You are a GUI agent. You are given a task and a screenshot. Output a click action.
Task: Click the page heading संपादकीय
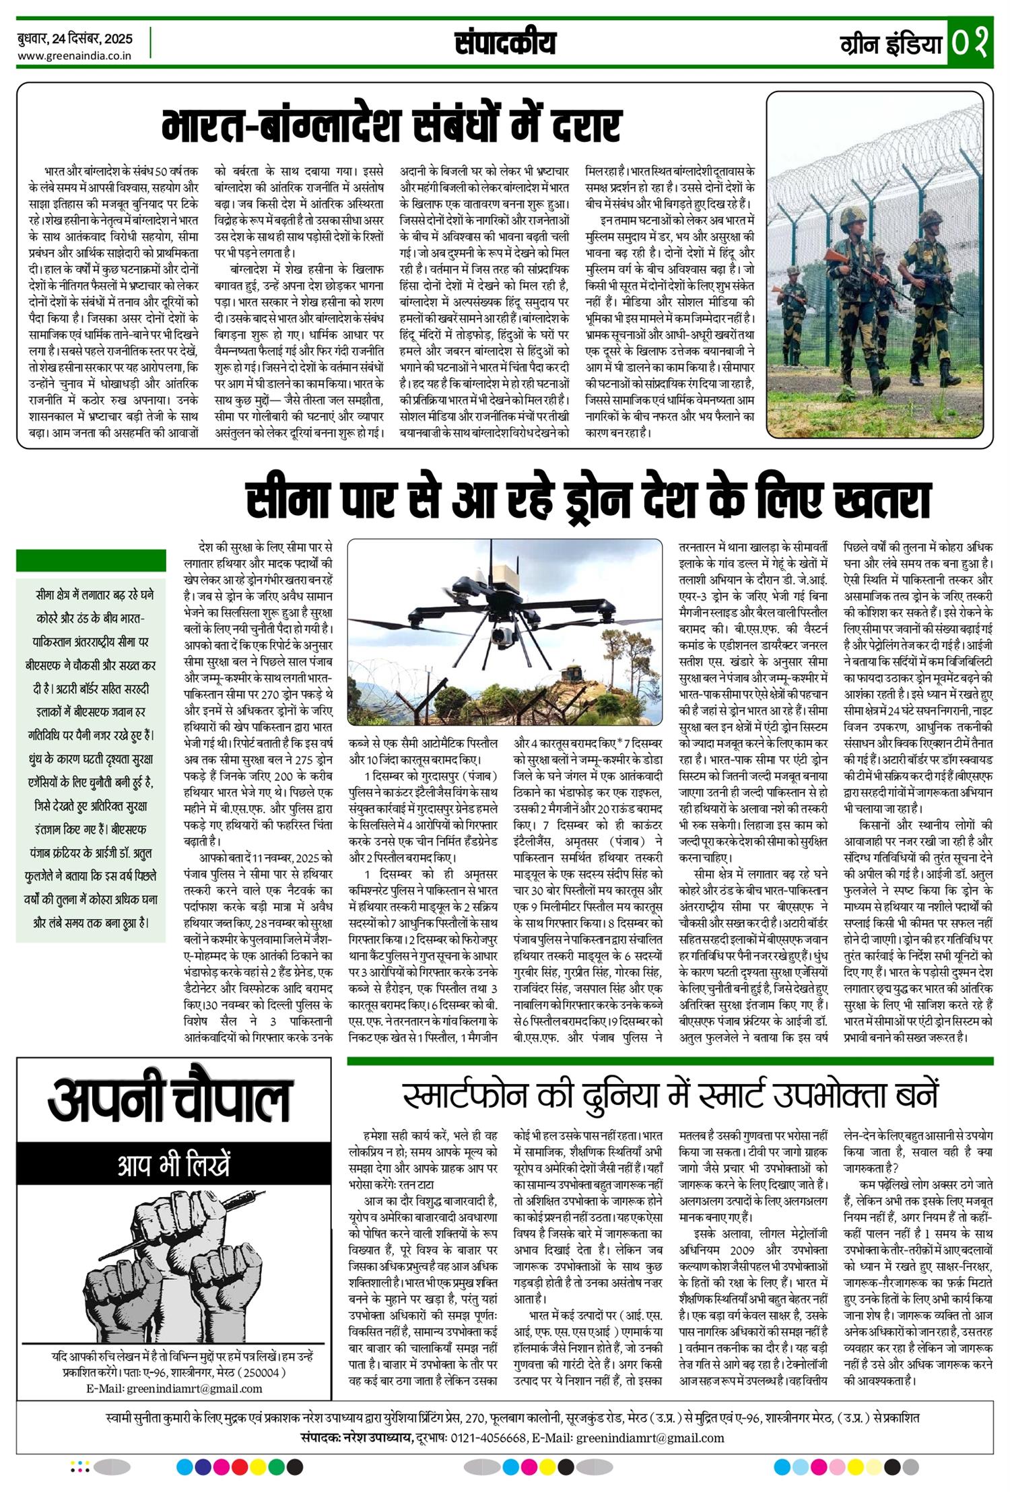pyautogui.click(x=505, y=44)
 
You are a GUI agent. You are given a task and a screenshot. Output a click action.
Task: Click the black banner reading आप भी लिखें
pyautogui.click(x=174, y=1165)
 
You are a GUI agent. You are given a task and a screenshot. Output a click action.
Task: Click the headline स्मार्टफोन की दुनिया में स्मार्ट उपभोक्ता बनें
pyautogui.click(x=670, y=1096)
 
